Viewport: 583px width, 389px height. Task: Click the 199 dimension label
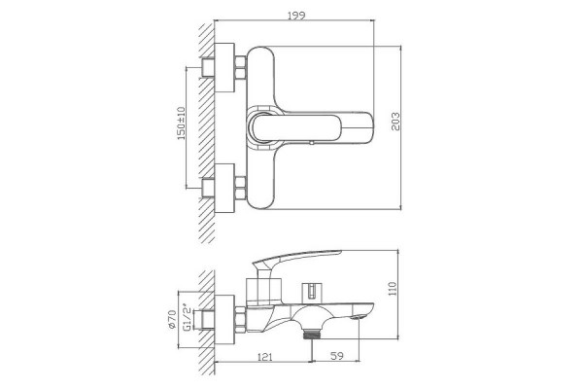coord(296,16)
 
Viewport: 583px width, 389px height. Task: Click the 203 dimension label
coord(395,122)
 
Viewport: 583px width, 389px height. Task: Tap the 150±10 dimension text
coord(181,124)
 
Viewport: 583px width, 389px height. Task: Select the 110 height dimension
coord(393,289)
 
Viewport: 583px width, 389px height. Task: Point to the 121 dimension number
coord(264,356)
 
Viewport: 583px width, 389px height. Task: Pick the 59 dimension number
coord(336,356)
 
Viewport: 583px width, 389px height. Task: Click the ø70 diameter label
coord(171,319)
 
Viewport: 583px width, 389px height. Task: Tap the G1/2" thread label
coord(188,317)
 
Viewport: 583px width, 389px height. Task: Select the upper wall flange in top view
coord(224,67)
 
